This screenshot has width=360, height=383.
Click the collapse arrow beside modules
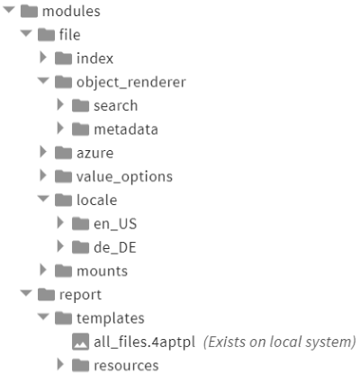(9, 10)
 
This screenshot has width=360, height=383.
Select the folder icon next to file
(46, 35)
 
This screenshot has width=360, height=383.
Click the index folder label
(94, 58)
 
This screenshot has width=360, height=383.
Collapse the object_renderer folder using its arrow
(43, 81)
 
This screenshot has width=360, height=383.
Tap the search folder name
(116, 105)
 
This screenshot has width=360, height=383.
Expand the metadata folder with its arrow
(60, 128)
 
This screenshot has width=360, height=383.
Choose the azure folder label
(95, 153)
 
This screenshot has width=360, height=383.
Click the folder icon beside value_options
(63, 176)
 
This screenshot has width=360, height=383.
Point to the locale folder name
(97, 200)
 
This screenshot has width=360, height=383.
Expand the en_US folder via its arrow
(60, 223)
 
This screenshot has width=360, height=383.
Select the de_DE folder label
(115, 247)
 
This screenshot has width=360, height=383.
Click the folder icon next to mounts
(63, 272)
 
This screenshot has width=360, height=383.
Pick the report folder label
(80, 295)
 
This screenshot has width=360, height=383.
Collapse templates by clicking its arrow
(43, 316)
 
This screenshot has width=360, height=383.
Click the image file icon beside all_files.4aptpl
(80, 342)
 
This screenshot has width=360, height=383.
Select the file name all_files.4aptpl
(145, 342)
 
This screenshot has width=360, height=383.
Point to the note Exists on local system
(280, 342)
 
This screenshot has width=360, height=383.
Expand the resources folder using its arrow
(60, 364)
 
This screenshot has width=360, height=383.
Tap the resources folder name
(126, 366)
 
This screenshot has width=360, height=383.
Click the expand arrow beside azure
(43, 152)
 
